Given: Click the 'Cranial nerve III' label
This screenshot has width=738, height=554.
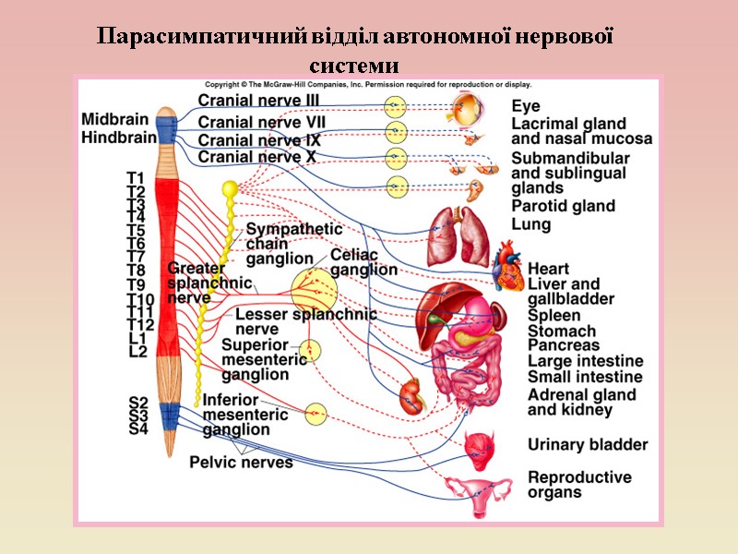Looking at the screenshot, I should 259,101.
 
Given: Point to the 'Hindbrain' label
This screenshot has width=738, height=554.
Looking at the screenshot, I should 117,138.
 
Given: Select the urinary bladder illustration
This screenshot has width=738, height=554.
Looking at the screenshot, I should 482,446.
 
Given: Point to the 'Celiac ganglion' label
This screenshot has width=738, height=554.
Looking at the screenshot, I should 363,262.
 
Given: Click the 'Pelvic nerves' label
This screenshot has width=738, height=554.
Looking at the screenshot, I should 242,462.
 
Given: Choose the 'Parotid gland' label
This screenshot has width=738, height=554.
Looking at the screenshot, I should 564,206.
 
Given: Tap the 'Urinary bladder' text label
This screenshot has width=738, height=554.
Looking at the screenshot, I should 588,445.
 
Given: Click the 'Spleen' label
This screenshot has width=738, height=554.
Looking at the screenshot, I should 553,316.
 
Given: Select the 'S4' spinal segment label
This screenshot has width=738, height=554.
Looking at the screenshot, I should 138,428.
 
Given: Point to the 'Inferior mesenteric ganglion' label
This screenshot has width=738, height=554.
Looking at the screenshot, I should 245,415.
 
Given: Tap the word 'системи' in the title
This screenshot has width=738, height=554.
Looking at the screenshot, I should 355,67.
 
